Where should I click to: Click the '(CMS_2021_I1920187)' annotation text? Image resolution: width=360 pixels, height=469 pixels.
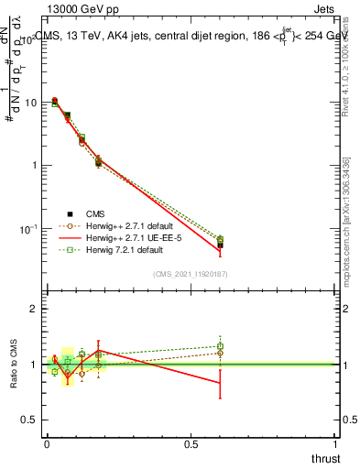tap(191, 274)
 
